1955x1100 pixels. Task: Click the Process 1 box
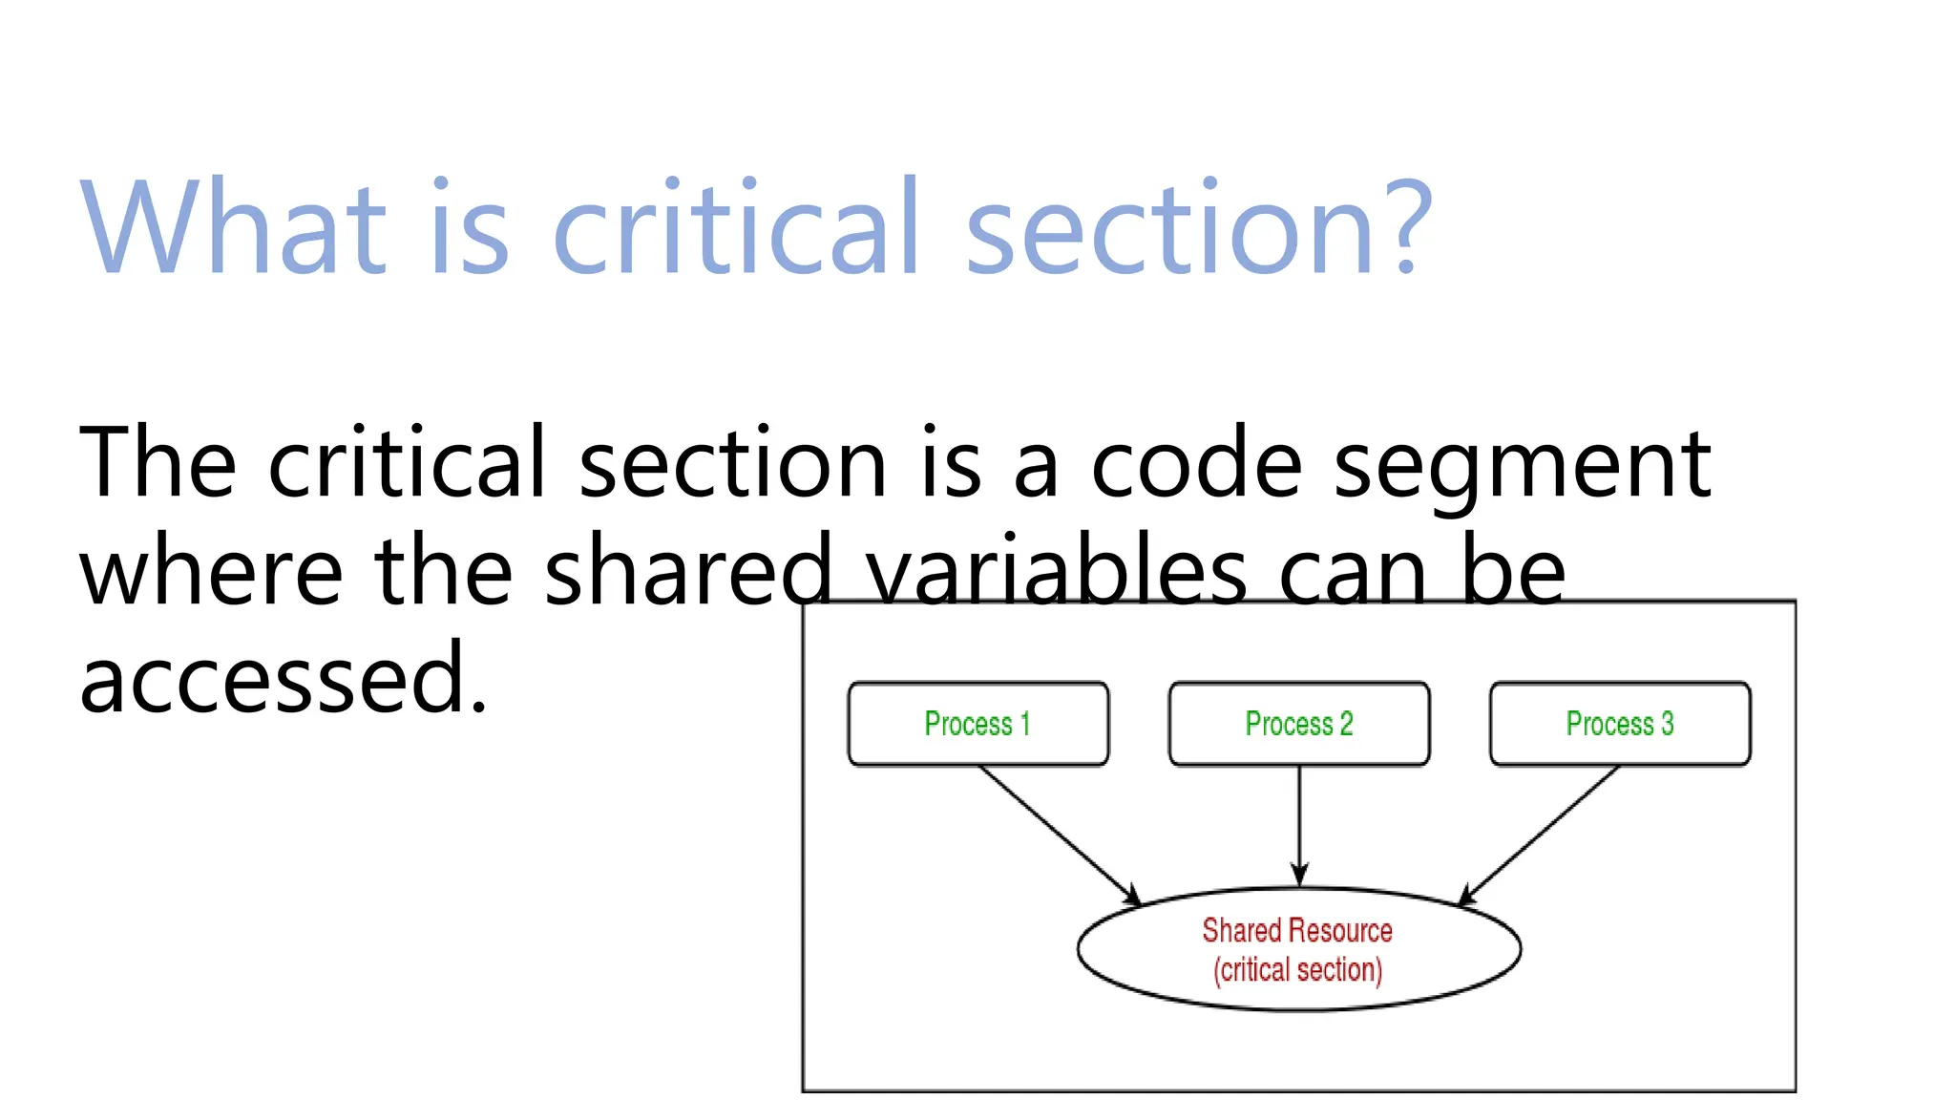[x=978, y=724]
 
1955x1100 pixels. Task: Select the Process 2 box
[x=1299, y=724]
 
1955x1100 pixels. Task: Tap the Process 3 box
[x=1620, y=724]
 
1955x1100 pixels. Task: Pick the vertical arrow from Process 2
[x=1299, y=826]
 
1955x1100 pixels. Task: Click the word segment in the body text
[x=1522, y=466]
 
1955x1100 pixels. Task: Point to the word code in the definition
[x=1196, y=464]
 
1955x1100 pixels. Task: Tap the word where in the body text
[x=211, y=573]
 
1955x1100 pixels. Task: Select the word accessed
[x=284, y=680]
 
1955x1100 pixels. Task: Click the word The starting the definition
[x=158, y=464]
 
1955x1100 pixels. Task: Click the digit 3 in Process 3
[x=1667, y=724]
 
